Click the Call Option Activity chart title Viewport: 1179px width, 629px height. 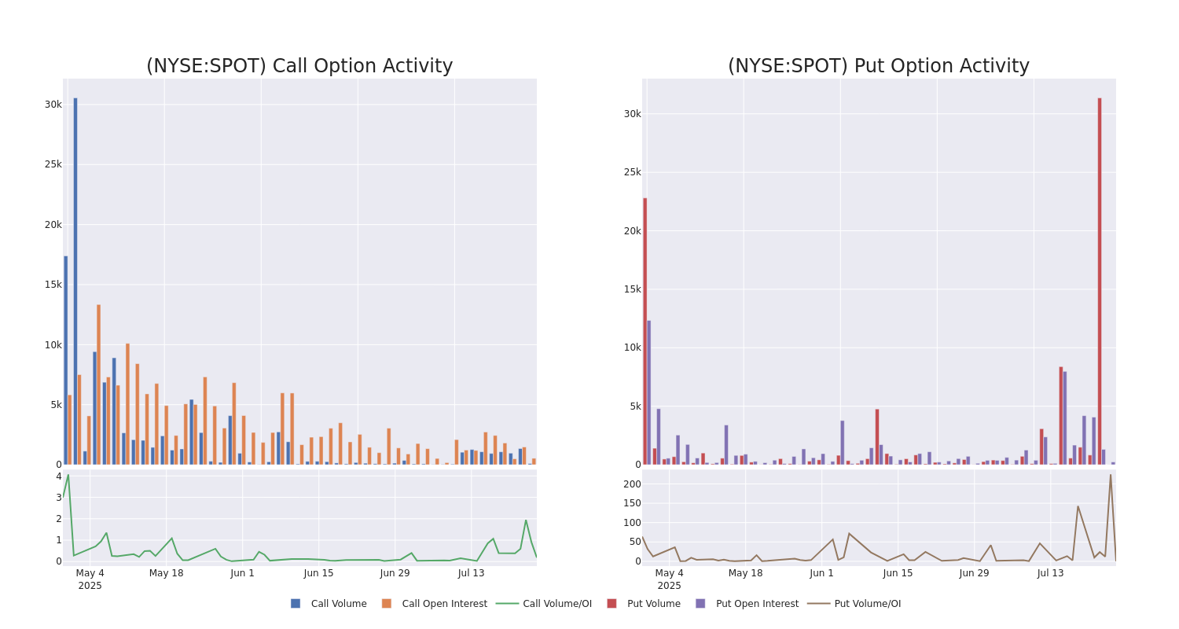tap(299, 66)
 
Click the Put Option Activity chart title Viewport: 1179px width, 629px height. tap(878, 66)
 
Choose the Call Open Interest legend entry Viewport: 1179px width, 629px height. tap(444, 604)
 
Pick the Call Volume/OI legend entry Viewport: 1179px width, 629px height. tap(556, 604)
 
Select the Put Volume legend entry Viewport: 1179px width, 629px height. tap(653, 604)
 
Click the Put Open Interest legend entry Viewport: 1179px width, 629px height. tap(756, 604)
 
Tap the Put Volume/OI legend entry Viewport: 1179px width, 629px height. tap(867, 604)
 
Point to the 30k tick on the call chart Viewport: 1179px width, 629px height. tap(53, 105)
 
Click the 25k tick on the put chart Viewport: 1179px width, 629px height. tap(632, 172)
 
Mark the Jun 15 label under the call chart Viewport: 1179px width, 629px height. tap(318, 573)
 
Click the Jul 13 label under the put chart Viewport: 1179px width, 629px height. tap(1050, 573)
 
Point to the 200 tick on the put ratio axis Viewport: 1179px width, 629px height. tap(631, 484)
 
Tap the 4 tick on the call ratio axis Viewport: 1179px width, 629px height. tap(58, 476)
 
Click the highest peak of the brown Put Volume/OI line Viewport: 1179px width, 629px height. tap(1111, 475)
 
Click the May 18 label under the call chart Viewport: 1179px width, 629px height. tap(166, 573)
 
